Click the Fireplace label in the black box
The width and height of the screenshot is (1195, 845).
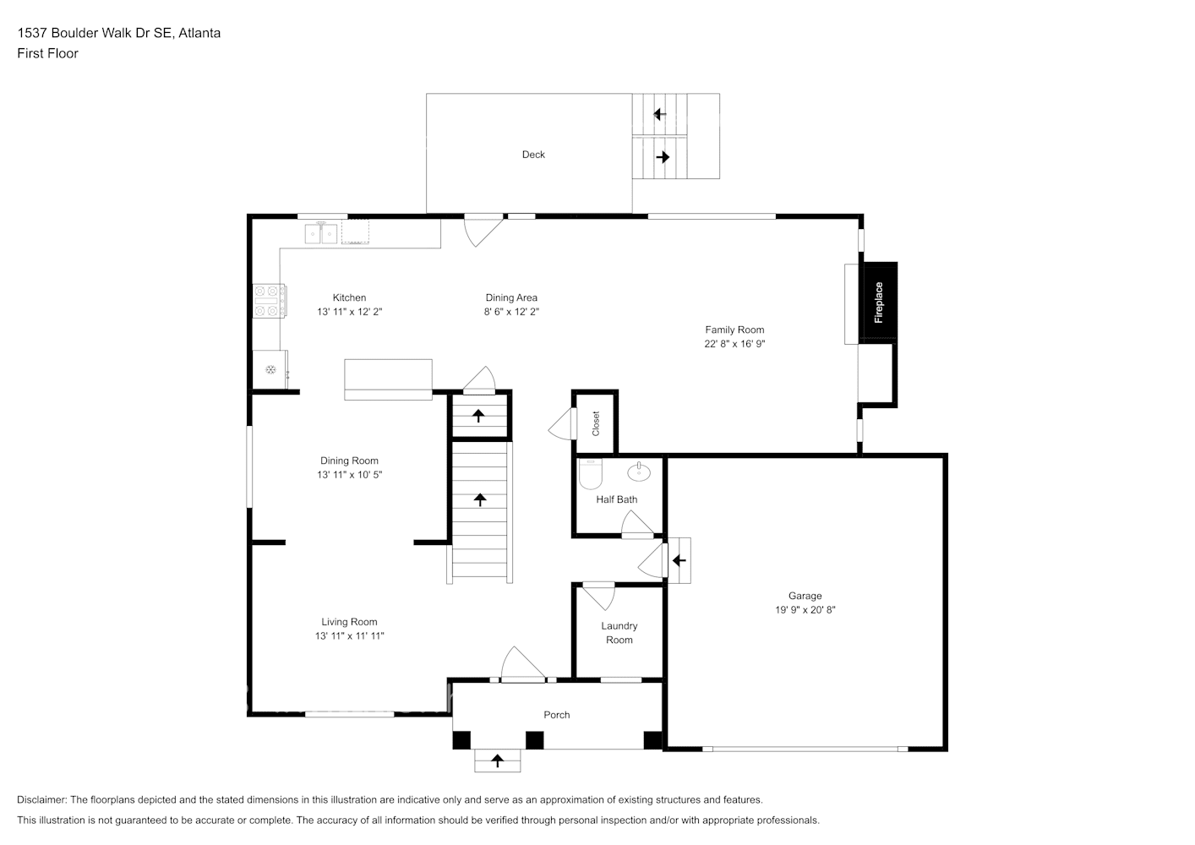[x=878, y=303]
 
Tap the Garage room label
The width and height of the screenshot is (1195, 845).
[x=805, y=596]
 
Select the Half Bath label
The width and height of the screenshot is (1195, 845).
[x=616, y=499]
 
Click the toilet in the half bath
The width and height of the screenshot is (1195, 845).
[x=589, y=475]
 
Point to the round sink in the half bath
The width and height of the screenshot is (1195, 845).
[x=639, y=471]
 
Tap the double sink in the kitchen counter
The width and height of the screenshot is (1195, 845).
[x=321, y=232]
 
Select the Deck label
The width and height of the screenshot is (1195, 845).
[x=533, y=155]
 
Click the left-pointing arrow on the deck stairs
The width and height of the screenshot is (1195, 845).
[x=660, y=114]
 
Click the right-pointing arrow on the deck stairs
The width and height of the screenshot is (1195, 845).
[x=663, y=157]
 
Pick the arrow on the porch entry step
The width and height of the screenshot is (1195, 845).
[x=497, y=761]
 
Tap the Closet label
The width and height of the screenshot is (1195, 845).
[x=596, y=422]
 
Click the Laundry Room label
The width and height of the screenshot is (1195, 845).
[x=619, y=633]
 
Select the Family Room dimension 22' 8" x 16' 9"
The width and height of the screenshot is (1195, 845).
[x=734, y=344]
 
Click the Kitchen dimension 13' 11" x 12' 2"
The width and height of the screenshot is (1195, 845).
[x=349, y=312]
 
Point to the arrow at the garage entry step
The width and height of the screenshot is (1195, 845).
[x=679, y=560]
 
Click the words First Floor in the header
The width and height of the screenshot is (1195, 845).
[x=47, y=53]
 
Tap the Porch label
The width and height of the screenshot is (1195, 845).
[x=556, y=715]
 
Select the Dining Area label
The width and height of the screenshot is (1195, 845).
[x=511, y=297]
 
